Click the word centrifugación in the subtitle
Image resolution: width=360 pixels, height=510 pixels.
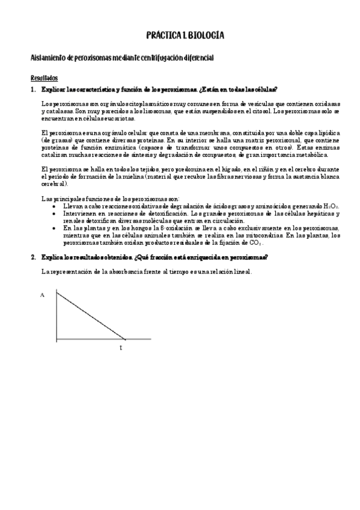pyautogui.click(x=167, y=57)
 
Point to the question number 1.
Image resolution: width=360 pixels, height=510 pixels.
pyautogui.click(x=32, y=90)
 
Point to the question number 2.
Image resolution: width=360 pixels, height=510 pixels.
pyautogui.click(x=32, y=257)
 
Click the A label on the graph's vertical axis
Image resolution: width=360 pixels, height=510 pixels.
pyautogui.click(x=43, y=295)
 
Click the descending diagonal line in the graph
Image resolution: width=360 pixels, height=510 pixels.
pyautogui.click(x=90, y=316)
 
